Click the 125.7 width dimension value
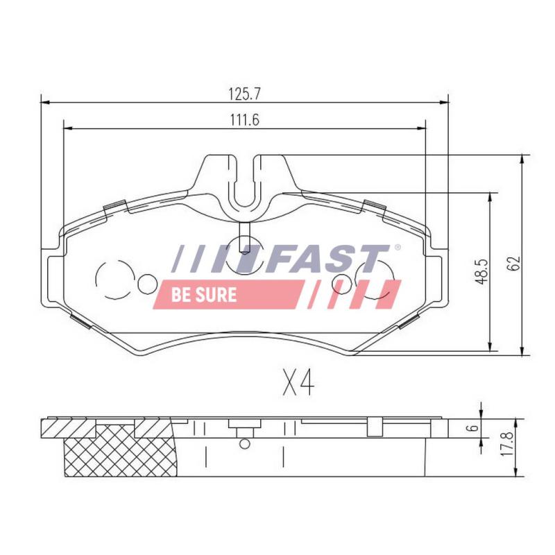tap(245, 94)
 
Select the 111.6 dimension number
tap(245, 120)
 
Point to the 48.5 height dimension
tap(481, 272)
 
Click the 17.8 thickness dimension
tap(507, 443)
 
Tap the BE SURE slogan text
tap(204, 295)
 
